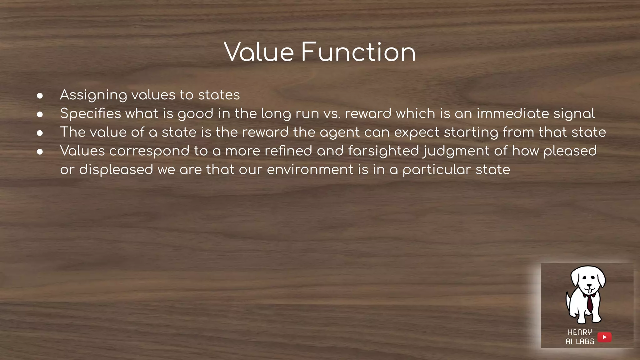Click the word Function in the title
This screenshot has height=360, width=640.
pos(358,52)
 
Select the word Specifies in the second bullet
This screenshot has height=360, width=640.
pos(90,114)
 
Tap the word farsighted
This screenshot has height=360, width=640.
pos(383,151)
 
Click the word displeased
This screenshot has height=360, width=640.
pos(116,170)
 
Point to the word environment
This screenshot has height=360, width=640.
pos(310,170)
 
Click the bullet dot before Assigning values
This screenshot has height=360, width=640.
pos(40,96)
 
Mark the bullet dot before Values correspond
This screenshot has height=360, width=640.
pos(40,152)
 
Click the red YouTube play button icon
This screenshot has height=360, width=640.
pos(604,337)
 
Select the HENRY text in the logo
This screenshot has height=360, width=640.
pos(580,332)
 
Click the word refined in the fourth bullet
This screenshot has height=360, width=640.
pos(288,151)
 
